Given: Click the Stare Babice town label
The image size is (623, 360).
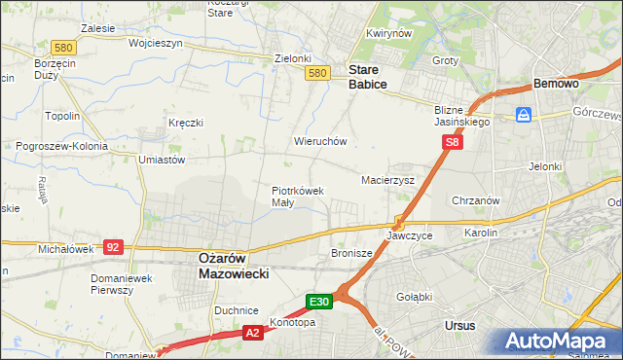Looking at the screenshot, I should [368, 78].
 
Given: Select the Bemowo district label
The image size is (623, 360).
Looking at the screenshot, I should [556, 85].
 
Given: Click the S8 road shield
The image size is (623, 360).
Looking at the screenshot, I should [452, 142].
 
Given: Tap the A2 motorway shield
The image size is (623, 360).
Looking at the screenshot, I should [252, 333].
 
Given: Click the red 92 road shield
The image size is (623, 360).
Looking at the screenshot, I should [113, 248].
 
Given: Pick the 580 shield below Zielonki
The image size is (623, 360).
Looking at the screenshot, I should [316, 73].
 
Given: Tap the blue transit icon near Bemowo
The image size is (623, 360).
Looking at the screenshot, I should [524, 115].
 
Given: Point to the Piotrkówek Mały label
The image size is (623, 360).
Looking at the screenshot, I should [297, 197].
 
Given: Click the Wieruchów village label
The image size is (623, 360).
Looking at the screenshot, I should [320, 141].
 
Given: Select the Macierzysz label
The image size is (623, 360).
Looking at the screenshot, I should [387, 180].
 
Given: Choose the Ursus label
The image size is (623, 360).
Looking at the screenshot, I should [458, 325].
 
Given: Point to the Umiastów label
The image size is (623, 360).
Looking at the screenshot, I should [162, 159].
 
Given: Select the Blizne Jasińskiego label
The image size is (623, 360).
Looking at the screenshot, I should [461, 117].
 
